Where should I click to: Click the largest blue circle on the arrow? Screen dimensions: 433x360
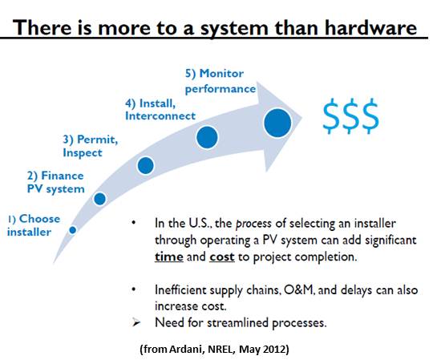click(x=277, y=123)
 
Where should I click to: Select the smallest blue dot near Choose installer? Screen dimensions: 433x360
click(x=73, y=229)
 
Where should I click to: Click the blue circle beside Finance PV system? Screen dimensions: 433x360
click(x=99, y=199)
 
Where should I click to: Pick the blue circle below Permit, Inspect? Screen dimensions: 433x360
click(x=145, y=165)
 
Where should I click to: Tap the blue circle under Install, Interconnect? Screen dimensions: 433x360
click(x=207, y=137)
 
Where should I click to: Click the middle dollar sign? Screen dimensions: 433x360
click(x=350, y=116)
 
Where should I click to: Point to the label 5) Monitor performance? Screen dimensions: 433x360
click(x=221, y=82)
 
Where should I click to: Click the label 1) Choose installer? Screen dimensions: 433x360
click(x=34, y=225)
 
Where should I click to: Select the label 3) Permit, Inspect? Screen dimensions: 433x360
click(x=91, y=146)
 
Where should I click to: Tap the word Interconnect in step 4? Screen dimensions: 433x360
click(x=160, y=116)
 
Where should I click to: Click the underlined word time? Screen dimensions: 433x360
click(x=169, y=257)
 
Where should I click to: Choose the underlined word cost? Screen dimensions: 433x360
click(x=222, y=257)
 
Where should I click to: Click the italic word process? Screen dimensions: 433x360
click(x=253, y=224)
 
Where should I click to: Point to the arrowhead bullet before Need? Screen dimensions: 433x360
click(x=136, y=322)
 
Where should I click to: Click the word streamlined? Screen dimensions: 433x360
click(x=238, y=322)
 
